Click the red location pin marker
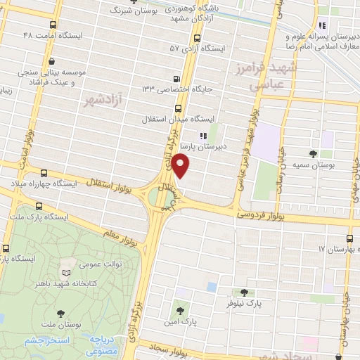click(181, 167)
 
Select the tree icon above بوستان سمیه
click(313, 153)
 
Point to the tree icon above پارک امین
click(180, 309)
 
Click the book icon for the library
click(66, 272)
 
